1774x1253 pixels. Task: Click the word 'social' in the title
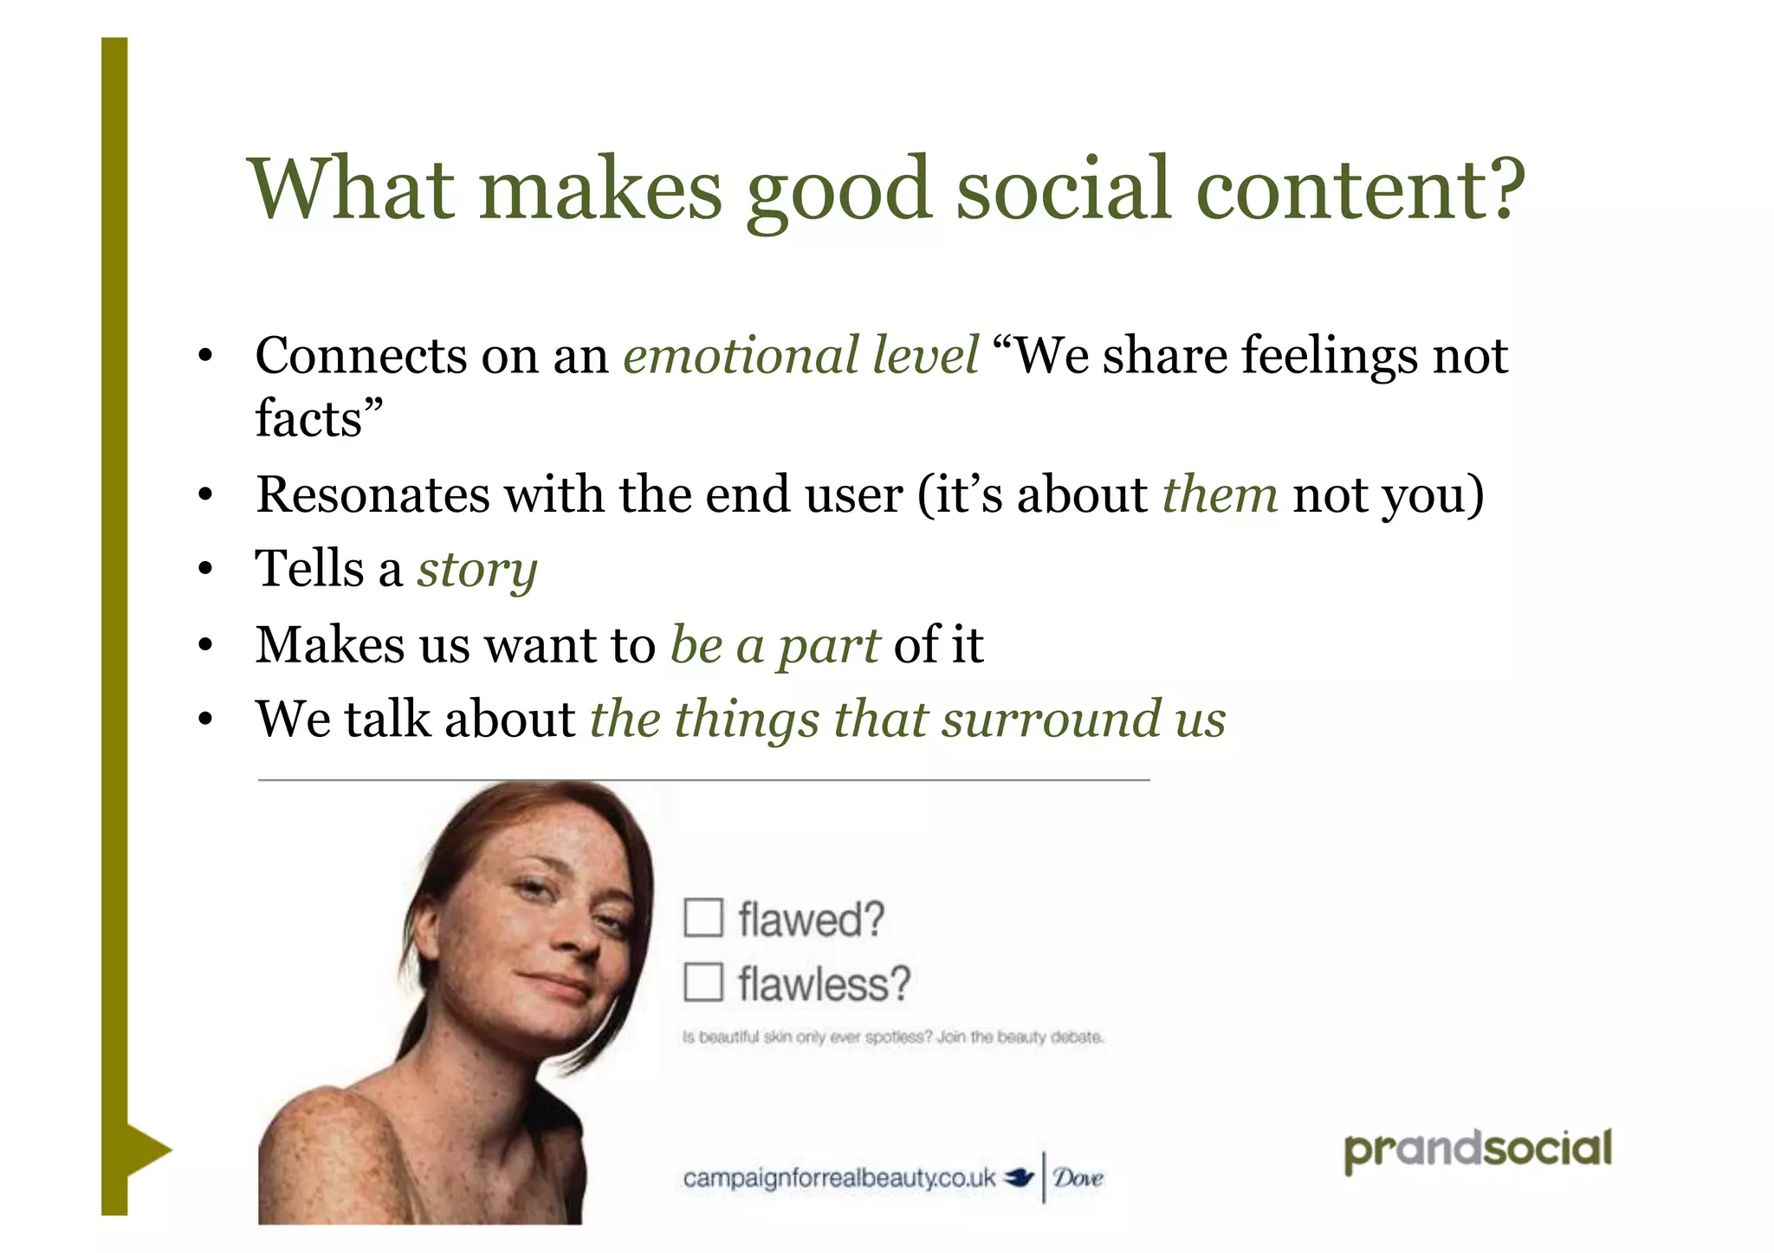click(x=1064, y=189)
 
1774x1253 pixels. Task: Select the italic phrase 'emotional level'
click(x=800, y=356)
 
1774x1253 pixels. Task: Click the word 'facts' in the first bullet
click(x=308, y=418)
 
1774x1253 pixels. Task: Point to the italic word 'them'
click(x=1220, y=494)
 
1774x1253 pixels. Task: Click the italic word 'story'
click(x=477, y=571)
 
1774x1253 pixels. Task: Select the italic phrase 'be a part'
click(x=775, y=645)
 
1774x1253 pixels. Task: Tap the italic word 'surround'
click(x=1051, y=720)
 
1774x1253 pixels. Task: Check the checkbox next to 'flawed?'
click(x=702, y=918)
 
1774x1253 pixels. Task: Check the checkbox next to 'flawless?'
click(x=702, y=983)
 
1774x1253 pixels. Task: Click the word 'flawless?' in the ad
click(x=824, y=985)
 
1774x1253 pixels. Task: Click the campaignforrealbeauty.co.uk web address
click(x=838, y=1179)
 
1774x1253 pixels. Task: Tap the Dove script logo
click(x=1078, y=1178)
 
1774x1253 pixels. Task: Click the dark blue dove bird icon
click(x=1020, y=1178)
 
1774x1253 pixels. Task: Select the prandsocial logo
click(x=1477, y=1150)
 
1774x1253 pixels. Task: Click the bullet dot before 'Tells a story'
click(x=205, y=571)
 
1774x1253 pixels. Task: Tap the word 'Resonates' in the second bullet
click(x=372, y=494)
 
